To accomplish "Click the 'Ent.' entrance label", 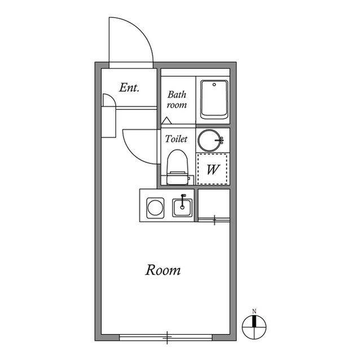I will tap(129, 88).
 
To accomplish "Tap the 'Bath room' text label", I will tap(177, 100).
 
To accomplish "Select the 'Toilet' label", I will tap(176, 139).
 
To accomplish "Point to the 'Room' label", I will tap(164, 270).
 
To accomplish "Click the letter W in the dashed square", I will tap(212, 170).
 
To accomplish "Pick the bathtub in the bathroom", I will tap(213, 100).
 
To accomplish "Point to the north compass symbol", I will tap(255, 325).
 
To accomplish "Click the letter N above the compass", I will tap(254, 312).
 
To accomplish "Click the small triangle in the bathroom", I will tap(166, 121).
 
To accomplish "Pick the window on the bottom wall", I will tap(166, 337).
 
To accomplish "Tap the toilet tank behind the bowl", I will tap(177, 179).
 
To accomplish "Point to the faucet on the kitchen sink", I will tap(182, 199).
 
